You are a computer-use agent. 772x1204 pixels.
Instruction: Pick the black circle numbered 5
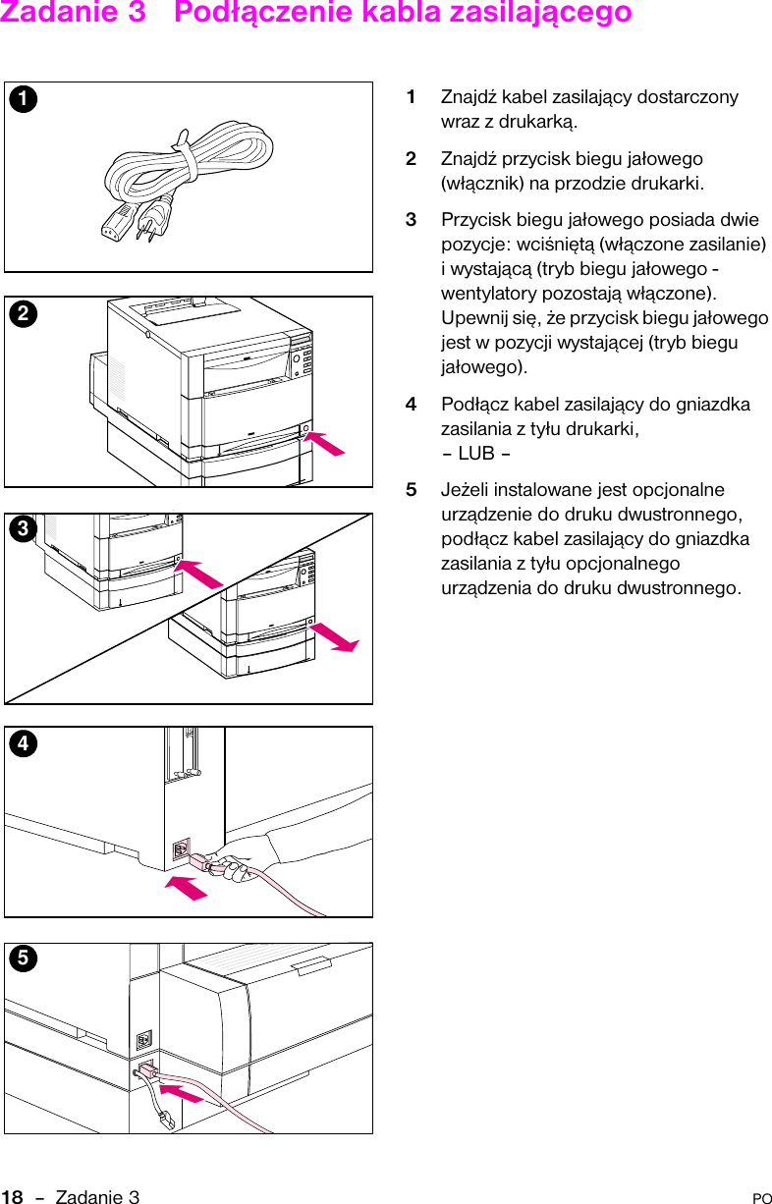coord(19,958)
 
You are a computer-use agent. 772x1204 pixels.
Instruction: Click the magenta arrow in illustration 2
coord(324,443)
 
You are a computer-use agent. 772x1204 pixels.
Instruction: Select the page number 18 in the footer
coord(12,1196)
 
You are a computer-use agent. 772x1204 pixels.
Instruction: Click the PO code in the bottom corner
coord(761,1198)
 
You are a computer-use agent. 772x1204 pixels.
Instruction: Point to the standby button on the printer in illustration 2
coord(307,429)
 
